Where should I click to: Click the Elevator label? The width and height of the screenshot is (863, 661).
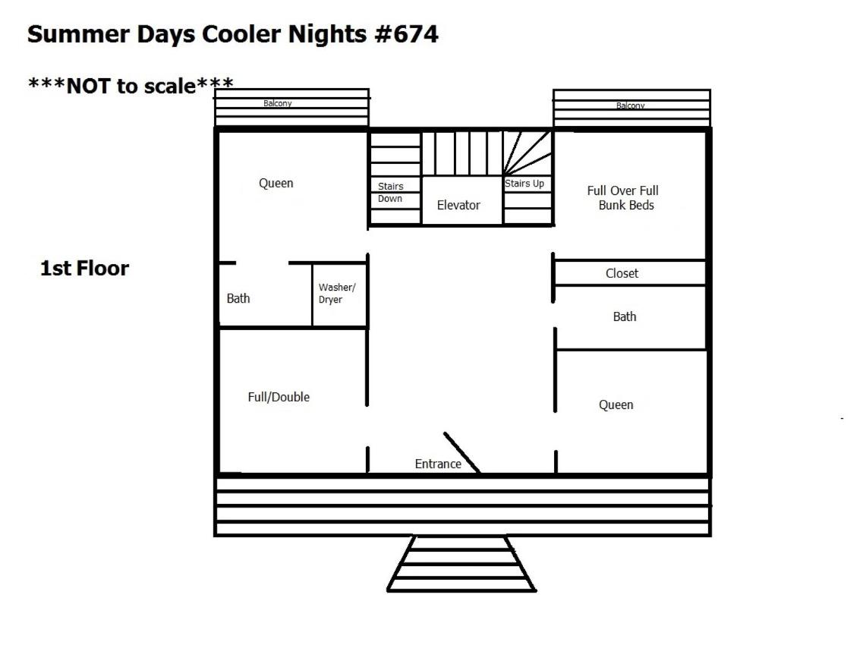[458, 206]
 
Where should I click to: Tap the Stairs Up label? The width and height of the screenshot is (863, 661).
[524, 184]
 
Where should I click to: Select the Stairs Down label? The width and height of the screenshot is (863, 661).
[390, 192]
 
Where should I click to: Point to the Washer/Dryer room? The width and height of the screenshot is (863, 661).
[339, 295]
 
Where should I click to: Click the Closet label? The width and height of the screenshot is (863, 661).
[622, 273]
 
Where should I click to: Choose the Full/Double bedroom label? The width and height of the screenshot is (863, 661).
[279, 397]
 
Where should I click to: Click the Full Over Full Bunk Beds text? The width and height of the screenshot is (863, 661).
[623, 197]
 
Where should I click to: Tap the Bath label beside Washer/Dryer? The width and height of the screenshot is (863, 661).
[238, 298]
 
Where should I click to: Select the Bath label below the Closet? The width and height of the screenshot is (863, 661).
[625, 316]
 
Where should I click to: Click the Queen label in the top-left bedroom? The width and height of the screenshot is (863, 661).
[276, 184]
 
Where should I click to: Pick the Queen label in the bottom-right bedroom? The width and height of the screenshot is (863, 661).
[616, 405]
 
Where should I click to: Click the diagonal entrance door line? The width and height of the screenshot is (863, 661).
[461, 452]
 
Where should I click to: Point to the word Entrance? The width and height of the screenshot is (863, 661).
[438, 464]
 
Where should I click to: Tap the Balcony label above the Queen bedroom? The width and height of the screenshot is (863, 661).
[277, 103]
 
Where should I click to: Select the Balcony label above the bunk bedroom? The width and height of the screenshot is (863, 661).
[630, 105]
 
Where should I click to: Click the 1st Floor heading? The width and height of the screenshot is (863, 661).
[85, 268]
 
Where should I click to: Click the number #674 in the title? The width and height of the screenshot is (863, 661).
[407, 34]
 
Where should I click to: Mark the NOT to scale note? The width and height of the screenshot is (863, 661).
[131, 86]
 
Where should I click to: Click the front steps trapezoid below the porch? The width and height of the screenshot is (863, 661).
[461, 564]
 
